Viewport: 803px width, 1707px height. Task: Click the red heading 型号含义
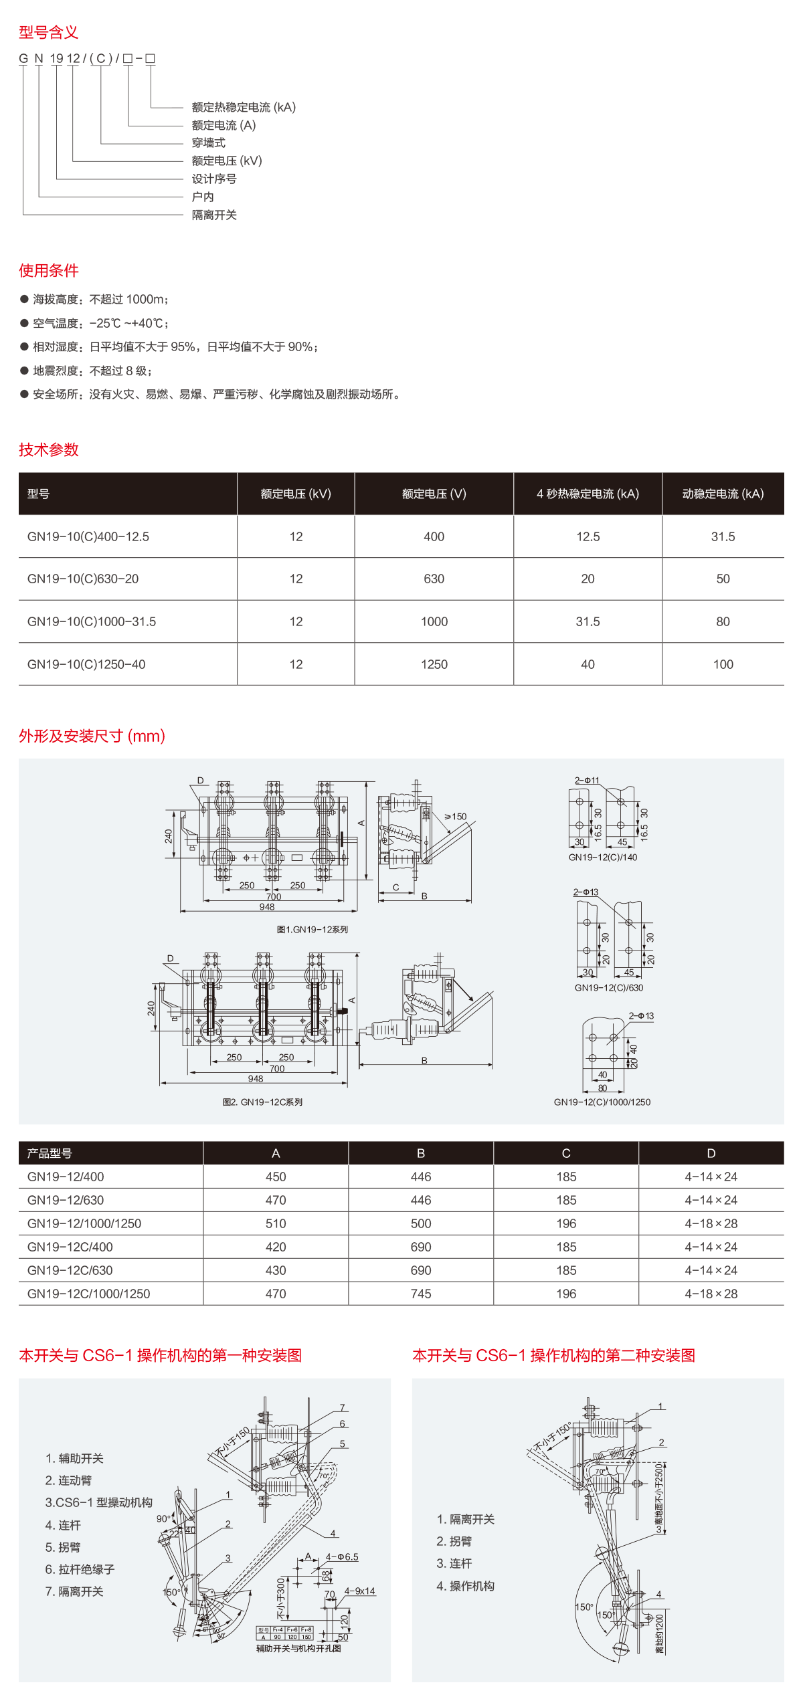click(x=48, y=32)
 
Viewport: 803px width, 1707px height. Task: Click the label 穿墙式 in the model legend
click(x=208, y=142)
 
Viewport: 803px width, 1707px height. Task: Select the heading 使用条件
click(x=48, y=270)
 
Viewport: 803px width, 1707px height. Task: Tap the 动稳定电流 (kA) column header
click(x=723, y=494)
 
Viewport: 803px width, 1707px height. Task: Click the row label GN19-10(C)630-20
click(x=83, y=579)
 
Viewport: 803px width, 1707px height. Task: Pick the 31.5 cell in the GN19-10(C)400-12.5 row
click(x=723, y=536)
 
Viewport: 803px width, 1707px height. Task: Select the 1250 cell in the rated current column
click(x=434, y=664)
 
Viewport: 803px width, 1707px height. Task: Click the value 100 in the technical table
click(x=723, y=664)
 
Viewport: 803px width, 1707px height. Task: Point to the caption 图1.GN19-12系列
click(x=312, y=929)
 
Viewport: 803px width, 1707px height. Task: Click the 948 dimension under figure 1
click(x=267, y=906)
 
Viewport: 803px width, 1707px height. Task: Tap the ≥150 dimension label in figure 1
click(x=456, y=816)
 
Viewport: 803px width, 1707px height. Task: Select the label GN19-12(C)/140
click(x=602, y=857)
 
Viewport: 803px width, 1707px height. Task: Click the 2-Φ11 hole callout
click(x=587, y=780)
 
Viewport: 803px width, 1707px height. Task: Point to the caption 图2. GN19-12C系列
click(x=262, y=1102)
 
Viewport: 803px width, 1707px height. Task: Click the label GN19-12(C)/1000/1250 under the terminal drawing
click(x=602, y=1102)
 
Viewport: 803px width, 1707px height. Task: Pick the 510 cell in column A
click(x=276, y=1223)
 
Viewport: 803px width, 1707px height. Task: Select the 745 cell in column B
click(x=421, y=1294)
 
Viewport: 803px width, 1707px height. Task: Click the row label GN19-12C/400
click(x=70, y=1247)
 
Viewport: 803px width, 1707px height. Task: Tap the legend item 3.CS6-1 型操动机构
click(x=98, y=1502)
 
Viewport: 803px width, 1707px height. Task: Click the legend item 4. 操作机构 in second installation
click(x=465, y=1585)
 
